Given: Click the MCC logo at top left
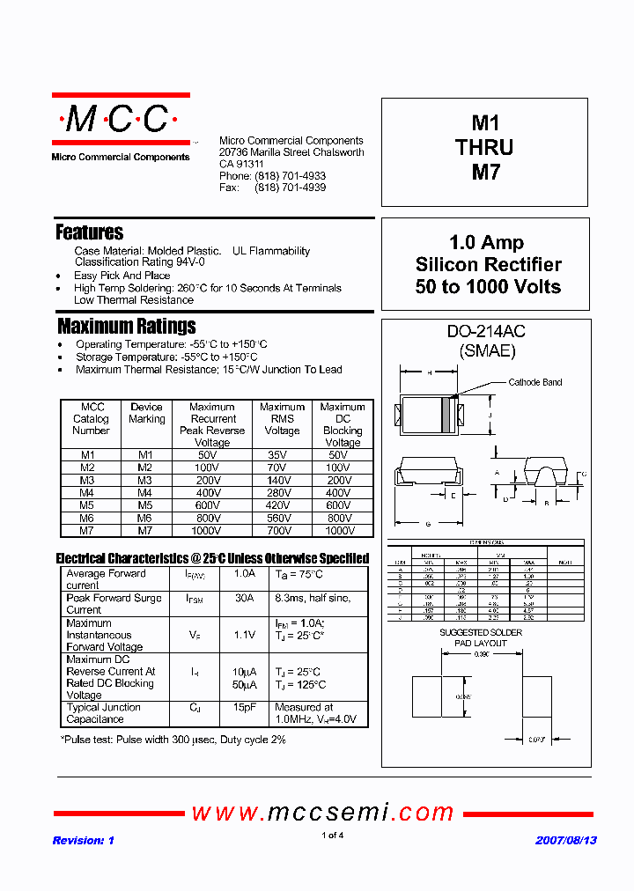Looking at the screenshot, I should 121,121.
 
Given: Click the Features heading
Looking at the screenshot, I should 89,232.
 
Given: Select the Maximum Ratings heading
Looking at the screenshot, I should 126,326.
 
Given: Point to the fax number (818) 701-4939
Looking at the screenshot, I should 290,188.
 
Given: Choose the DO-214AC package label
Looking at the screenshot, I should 486,332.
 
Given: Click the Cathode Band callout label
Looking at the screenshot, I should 535,382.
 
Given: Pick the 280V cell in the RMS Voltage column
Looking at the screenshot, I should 282,493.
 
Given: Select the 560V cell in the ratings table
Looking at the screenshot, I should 282,519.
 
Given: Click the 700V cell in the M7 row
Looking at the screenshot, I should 282,531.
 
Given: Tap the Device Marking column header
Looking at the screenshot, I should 146,413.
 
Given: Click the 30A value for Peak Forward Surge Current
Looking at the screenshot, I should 244,598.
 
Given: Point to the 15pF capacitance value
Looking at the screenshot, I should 244,707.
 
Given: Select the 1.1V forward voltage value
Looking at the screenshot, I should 244,634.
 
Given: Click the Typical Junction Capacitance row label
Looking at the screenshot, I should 103,713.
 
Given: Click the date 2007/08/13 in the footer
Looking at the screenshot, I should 566,840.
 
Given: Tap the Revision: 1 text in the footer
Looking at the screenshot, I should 84,840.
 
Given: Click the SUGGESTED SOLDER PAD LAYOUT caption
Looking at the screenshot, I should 481,638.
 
